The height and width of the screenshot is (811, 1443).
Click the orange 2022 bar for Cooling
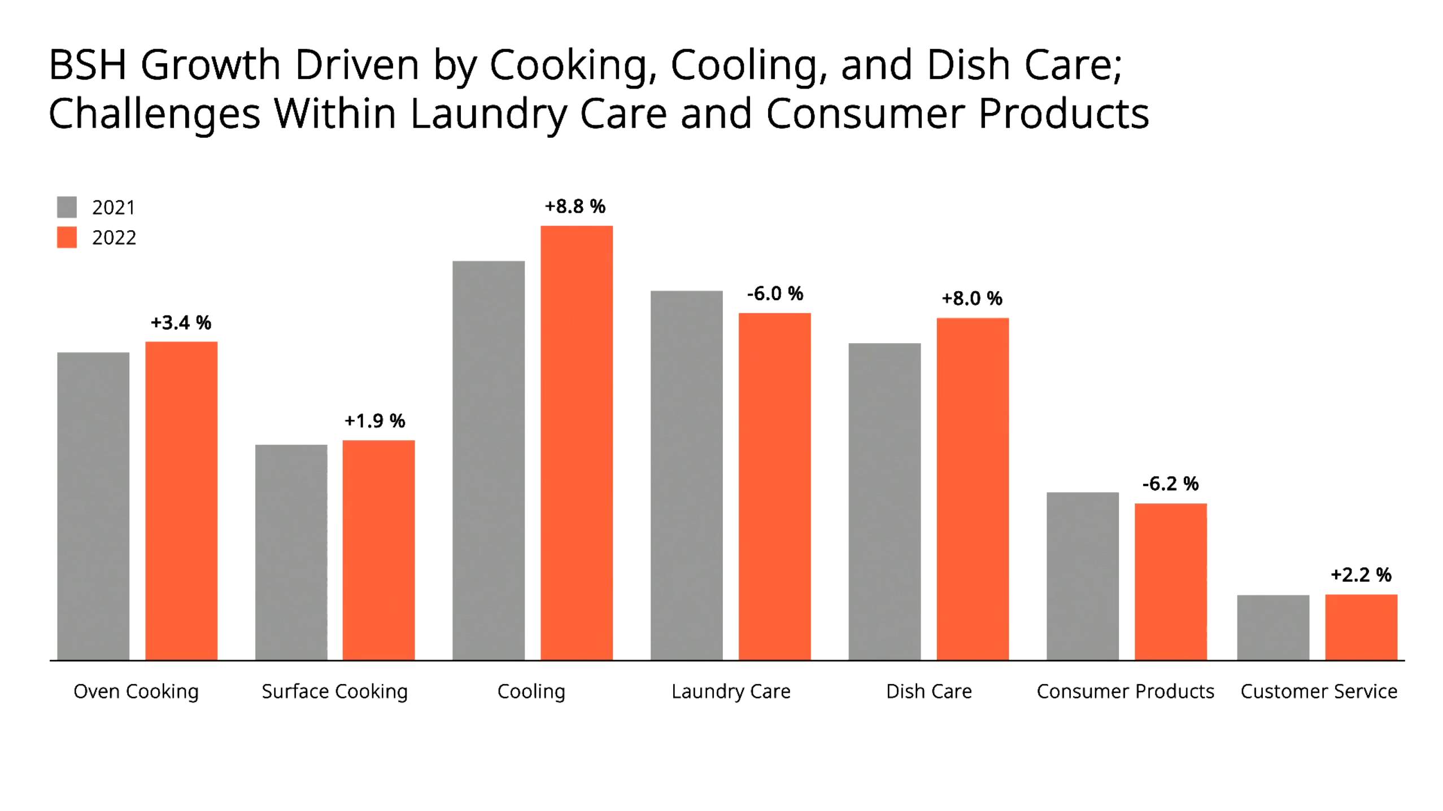tap(576, 442)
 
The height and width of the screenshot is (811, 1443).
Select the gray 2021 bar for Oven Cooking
tap(93, 506)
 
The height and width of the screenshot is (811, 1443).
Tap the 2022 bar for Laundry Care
tap(774, 486)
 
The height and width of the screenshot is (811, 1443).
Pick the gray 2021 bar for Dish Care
tap(884, 501)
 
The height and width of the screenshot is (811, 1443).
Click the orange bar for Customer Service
tap(1361, 627)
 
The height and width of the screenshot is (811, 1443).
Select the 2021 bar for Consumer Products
tap(1082, 576)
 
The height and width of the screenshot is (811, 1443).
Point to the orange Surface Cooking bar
tap(378, 550)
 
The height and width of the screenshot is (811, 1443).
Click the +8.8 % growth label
tap(575, 207)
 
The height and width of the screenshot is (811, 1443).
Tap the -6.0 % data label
tap(775, 293)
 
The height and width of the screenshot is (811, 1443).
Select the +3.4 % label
tap(181, 323)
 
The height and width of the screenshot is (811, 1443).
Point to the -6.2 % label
tap(1170, 484)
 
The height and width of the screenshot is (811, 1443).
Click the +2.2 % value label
tap(1361, 575)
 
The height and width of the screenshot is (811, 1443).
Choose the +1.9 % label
tap(375, 420)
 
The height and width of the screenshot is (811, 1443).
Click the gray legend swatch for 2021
tap(67, 207)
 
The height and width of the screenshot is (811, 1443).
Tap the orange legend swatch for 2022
tap(67, 237)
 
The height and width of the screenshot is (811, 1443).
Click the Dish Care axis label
tap(929, 691)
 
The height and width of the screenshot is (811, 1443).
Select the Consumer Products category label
tap(1125, 691)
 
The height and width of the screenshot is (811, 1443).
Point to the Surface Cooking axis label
tap(334, 691)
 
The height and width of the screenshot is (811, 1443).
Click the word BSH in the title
tap(88, 65)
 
